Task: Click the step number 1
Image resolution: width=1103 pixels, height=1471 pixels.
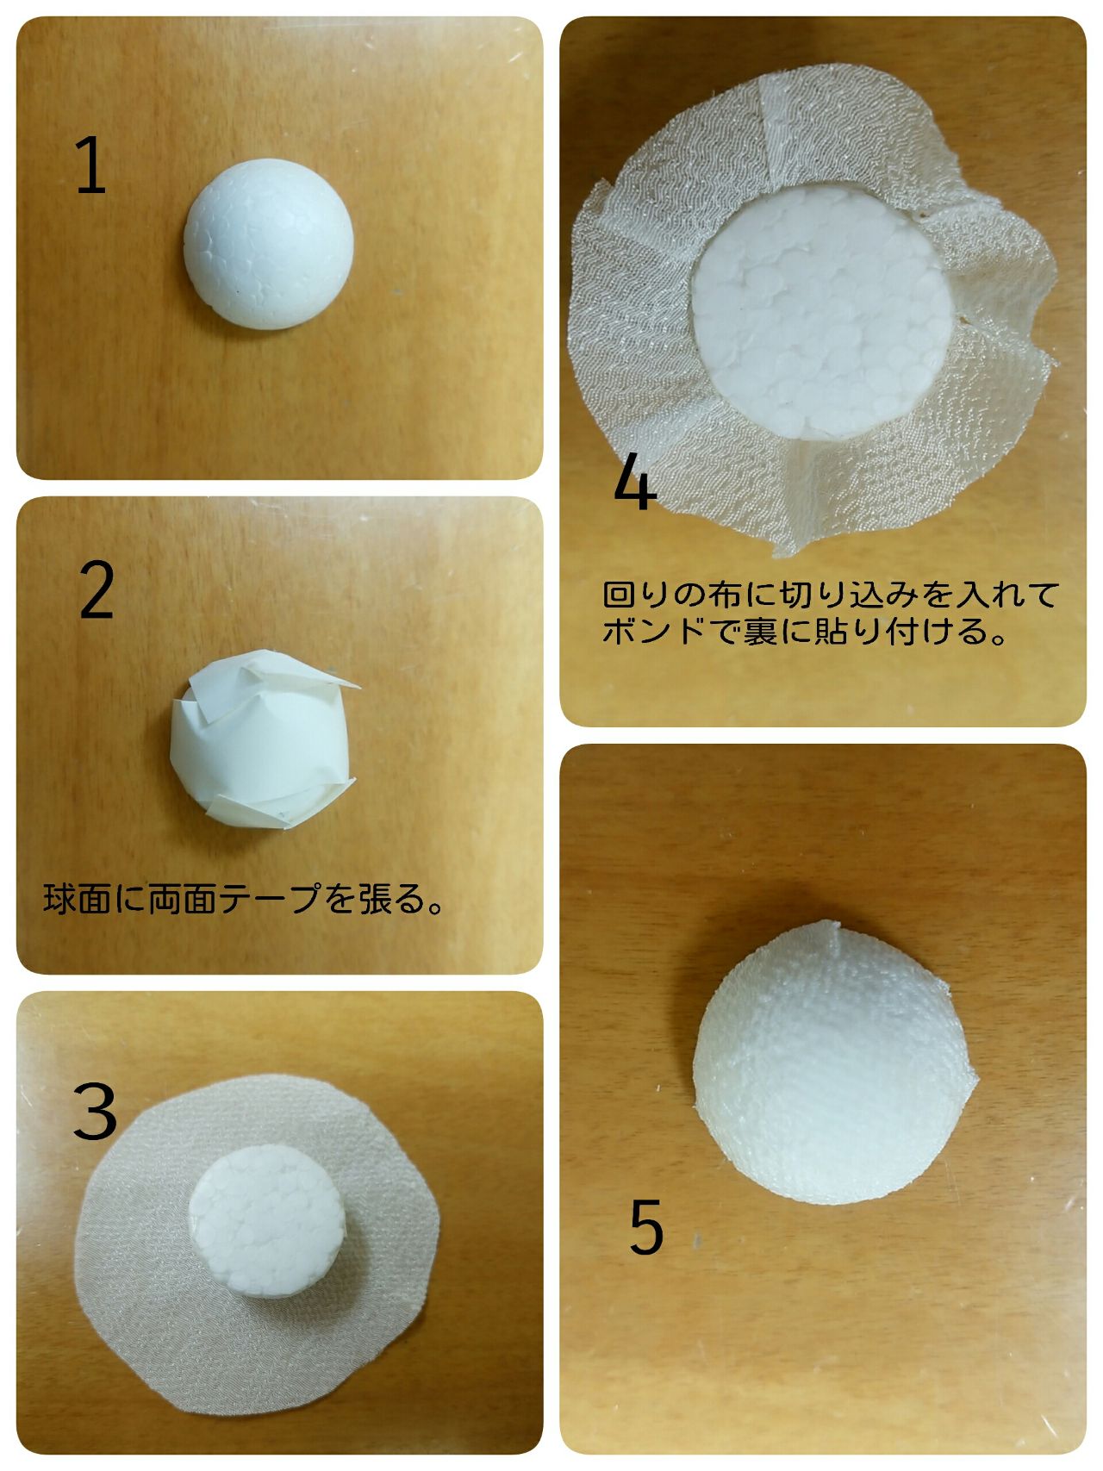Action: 90,165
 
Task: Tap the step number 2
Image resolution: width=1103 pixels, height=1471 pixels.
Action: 97,589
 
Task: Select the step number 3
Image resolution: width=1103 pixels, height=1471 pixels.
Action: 95,1110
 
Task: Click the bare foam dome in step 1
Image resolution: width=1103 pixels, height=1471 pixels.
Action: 268,247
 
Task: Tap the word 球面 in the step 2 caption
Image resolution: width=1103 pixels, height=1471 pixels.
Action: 77,899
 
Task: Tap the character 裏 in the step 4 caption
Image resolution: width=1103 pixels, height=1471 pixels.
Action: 759,632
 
